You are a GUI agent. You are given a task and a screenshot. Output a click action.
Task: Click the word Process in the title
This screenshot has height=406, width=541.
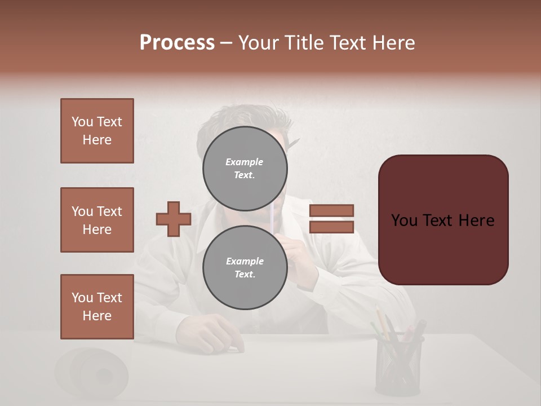coord(177,43)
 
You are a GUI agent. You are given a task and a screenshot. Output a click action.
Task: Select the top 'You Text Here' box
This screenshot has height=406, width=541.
coord(97,131)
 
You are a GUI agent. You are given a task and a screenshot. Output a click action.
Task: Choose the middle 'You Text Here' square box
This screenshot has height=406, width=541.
coord(97,220)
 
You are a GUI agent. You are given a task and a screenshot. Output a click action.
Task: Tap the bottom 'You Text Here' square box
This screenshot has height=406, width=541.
coord(97,307)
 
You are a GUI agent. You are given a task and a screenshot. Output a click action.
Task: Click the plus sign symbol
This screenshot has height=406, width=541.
coord(173,219)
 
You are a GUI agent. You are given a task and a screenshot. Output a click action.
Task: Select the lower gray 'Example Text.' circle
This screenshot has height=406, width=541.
coord(245,268)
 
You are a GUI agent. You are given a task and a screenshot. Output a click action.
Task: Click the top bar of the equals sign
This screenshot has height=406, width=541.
coord(331,210)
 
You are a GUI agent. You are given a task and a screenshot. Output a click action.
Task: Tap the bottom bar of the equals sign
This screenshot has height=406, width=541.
coord(331,227)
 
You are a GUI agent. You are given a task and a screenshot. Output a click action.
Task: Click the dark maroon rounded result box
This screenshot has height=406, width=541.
coord(443,220)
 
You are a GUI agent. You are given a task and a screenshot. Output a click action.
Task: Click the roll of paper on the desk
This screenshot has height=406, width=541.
coord(93,372)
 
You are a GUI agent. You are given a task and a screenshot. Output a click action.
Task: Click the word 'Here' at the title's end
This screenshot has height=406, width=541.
coord(392,43)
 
